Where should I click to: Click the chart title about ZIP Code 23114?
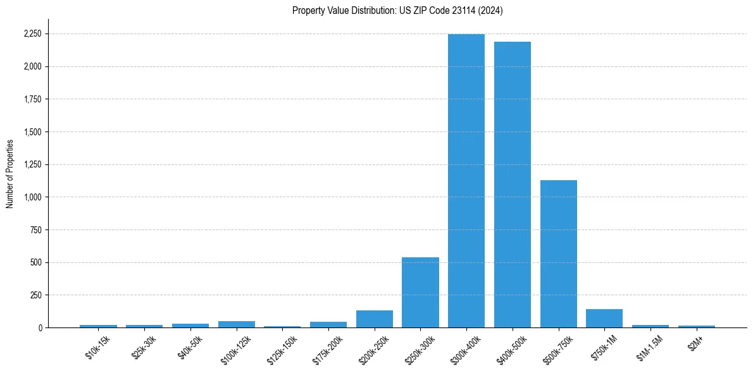point(397,10)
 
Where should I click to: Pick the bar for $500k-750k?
point(559,254)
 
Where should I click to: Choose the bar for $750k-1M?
point(604,318)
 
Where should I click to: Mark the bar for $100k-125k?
point(237,324)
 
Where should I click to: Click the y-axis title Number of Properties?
point(9,173)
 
